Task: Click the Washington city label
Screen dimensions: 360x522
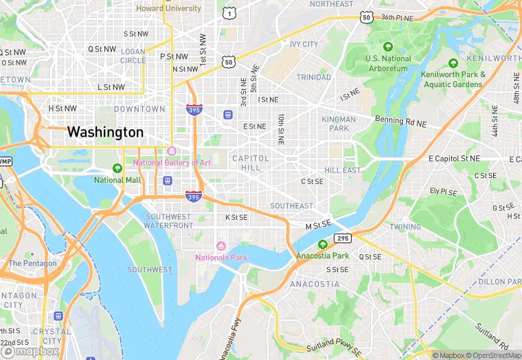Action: click(x=105, y=132)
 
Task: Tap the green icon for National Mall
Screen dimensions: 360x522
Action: click(x=117, y=168)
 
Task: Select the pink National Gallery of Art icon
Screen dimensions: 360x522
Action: click(x=172, y=151)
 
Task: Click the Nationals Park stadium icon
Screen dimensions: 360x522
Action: click(x=220, y=246)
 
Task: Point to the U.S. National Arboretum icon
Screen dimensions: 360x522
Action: click(x=388, y=47)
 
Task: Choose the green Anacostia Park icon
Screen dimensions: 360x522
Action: click(x=323, y=244)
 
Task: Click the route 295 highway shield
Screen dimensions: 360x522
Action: click(x=343, y=238)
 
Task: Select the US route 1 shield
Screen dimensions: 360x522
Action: click(x=228, y=12)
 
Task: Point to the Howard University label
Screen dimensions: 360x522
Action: click(x=168, y=8)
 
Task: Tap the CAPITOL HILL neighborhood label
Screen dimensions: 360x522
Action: click(x=251, y=162)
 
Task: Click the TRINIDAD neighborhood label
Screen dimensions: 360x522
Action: click(x=314, y=78)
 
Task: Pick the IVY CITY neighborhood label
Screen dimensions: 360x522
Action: click(x=304, y=45)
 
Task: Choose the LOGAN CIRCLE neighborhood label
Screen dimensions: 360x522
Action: click(x=133, y=56)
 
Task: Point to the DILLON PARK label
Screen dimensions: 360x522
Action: click(x=500, y=282)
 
